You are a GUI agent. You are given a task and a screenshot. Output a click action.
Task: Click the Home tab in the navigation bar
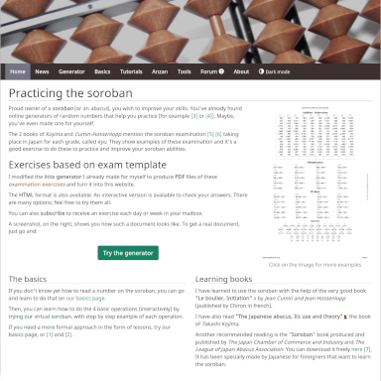[x=18, y=72]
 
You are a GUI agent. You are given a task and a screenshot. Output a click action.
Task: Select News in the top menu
[x=42, y=72]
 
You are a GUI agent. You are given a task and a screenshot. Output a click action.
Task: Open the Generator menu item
[x=71, y=72]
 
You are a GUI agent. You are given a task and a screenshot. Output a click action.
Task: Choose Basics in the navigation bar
[x=102, y=72]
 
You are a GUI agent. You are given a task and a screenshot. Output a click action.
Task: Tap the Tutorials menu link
[x=131, y=72]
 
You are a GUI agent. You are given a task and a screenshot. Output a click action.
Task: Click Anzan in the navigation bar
[x=160, y=72]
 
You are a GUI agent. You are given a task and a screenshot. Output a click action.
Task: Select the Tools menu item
[x=185, y=72]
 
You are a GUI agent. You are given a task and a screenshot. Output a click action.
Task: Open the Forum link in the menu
[x=209, y=72]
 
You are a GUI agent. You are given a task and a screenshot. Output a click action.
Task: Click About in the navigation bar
[x=238, y=72]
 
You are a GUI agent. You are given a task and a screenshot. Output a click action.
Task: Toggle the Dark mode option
[x=277, y=72]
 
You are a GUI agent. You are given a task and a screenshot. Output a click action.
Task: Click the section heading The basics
[x=28, y=279]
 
